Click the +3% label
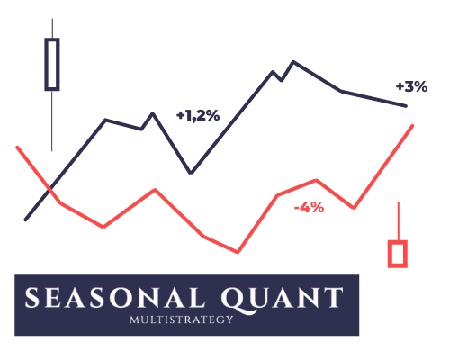click(x=411, y=86)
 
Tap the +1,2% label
click(x=198, y=115)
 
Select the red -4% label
click(x=310, y=207)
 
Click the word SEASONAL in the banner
click(x=114, y=297)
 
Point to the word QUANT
click(x=282, y=299)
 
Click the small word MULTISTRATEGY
click(x=181, y=319)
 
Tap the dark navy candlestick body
click(x=52, y=64)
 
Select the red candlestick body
click(x=398, y=254)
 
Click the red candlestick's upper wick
click(x=399, y=221)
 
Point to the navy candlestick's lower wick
click(x=52, y=121)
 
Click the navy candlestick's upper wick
click(x=52, y=29)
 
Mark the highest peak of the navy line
click(x=293, y=62)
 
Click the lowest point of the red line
click(x=238, y=252)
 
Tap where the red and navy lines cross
click(x=49, y=188)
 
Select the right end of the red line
click(x=412, y=126)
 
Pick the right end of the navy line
click(x=406, y=106)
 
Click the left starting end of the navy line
click(x=25, y=220)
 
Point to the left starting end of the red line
click(x=17, y=148)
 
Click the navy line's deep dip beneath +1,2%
click(x=191, y=173)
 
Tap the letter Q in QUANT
click(x=233, y=299)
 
